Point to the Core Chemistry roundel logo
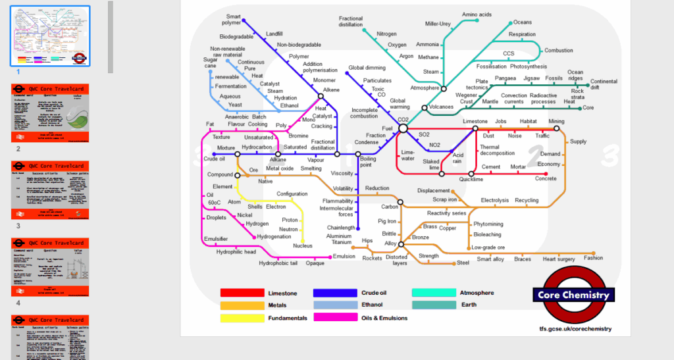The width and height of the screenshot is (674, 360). pos(575,295)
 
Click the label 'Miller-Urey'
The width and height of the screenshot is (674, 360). pos(438,24)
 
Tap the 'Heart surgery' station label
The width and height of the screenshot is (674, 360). pos(559,259)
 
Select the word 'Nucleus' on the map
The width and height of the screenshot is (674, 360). pos(303,245)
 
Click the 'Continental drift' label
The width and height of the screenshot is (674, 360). pos(604,84)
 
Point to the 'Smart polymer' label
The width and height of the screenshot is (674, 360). pos(233,20)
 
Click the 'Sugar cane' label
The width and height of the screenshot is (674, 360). pos(210,63)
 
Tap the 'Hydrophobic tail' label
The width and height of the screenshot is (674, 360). pos(278,263)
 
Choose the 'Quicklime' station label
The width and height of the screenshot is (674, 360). pos(471,179)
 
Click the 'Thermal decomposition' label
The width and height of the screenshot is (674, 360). pos(497,150)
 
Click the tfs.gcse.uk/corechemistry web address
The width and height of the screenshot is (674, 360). pos(575,328)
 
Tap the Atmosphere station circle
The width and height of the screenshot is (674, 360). pos(444,88)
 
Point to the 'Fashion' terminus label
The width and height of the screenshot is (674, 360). pos(593,258)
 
